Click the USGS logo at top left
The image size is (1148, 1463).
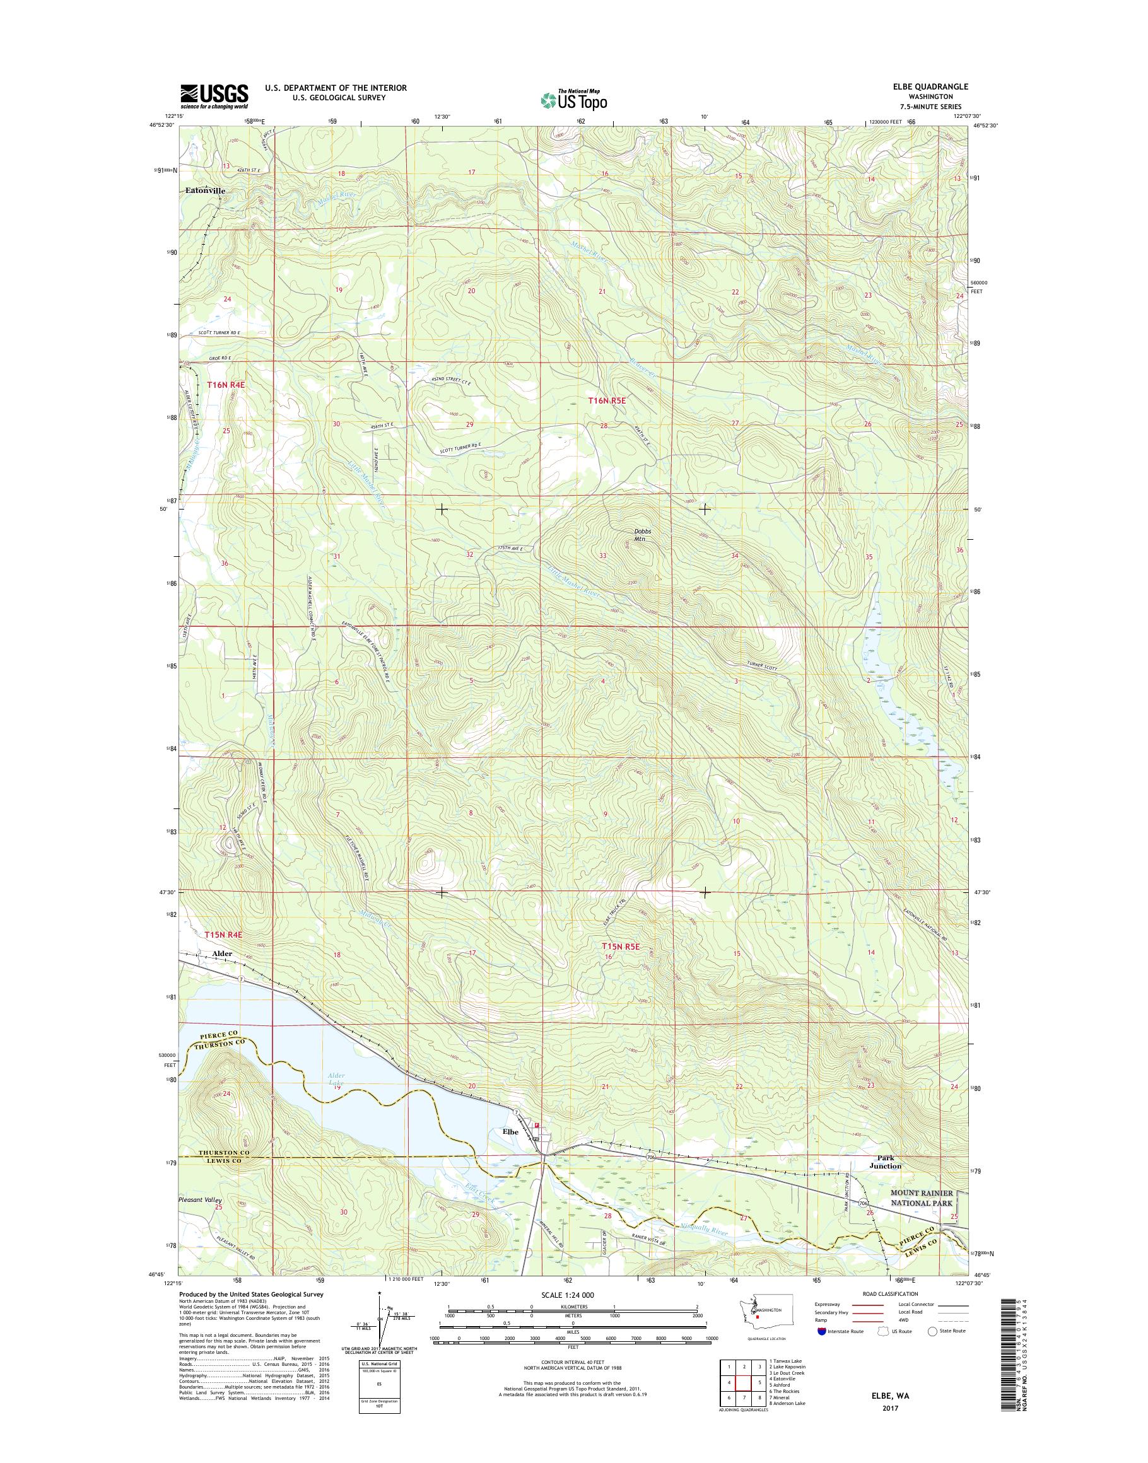(x=214, y=96)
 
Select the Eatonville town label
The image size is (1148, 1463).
(x=205, y=191)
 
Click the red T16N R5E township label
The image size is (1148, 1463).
(x=607, y=400)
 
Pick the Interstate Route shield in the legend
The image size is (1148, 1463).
(x=822, y=1331)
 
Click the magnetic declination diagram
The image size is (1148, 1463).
(x=386, y=1317)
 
